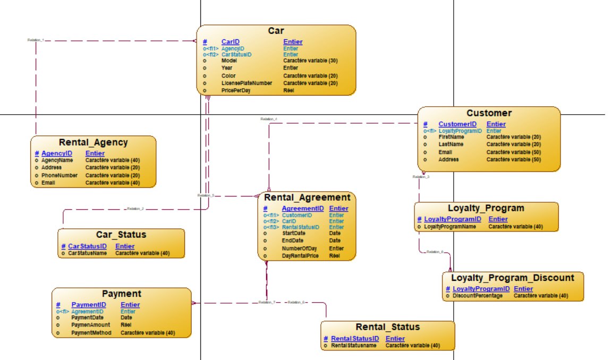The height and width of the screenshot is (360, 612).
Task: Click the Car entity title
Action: (x=276, y=31)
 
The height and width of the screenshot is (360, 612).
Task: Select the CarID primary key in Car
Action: (x=231, y=42)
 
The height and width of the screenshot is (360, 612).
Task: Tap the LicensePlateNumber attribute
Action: (x=246, y=83)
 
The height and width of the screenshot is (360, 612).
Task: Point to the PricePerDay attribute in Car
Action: (x=235, y=91)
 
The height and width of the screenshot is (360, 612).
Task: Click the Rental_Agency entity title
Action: (x=93, y=142)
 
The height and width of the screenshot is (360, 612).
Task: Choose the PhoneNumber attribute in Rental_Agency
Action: (x=59, y=175)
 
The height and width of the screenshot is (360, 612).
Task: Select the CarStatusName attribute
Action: (x=87, y=253)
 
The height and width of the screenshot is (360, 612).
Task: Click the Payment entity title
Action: (x=122, y=294)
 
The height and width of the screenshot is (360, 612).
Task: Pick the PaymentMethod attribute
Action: (x=91, y=333)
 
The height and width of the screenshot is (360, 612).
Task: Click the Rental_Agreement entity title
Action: (x=307, y=198)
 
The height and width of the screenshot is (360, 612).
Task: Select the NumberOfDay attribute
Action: (x=299, y=248)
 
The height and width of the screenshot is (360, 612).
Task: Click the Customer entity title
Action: (x=489, y=113)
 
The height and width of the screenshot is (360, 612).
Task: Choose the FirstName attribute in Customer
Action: (x=451, y=137)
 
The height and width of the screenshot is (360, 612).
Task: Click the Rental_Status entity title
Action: (x=387, y=327)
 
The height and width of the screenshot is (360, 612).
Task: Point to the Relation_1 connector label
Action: (x=35, y=40)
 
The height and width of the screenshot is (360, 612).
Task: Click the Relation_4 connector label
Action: (x=268, y=119)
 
